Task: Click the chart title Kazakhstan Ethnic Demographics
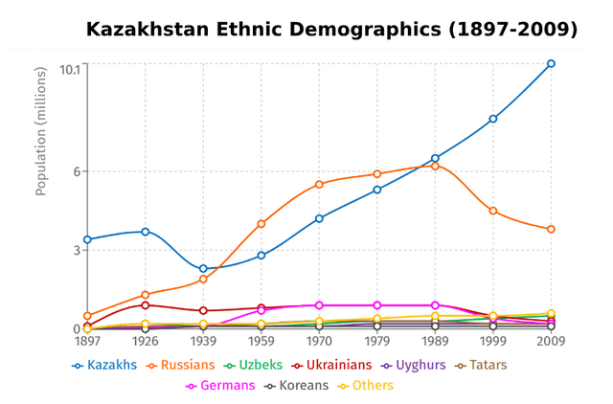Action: [x=331, y=30]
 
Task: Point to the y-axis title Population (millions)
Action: [x=41, y=132]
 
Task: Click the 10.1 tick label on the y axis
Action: [x=69, y=69]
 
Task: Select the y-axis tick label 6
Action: [x=78, y=172]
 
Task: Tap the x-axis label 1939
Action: [x=203, y=341]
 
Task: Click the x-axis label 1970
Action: [x=319, y=341]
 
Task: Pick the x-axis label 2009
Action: [x=551, y=341]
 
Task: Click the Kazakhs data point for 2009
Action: [x=551, y=64]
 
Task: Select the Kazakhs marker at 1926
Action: [x=146, y=232]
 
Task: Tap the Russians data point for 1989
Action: [x=435, y=167]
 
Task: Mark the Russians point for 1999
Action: [x=493, y=211]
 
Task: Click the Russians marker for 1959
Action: [x=261, y=224]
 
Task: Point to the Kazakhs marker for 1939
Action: [x=203, y=269]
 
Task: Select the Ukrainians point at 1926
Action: [x=146, y=305]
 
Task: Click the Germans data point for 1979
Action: [x=377, y=305]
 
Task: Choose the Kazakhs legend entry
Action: [x=104, y=365]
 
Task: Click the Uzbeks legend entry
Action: [x=252, y=365]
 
